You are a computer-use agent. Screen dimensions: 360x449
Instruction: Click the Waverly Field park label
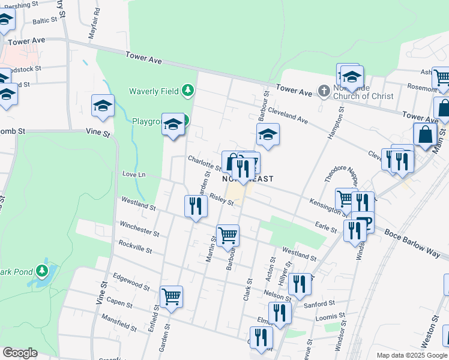[x=154, y=91]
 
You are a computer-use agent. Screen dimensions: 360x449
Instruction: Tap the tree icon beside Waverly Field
[x=188, y=91]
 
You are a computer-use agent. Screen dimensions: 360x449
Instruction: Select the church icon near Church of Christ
[x=324, y=91]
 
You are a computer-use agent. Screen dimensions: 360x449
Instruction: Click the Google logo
[x=20, y=353]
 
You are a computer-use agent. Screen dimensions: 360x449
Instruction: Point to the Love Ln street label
[x=134, y=175]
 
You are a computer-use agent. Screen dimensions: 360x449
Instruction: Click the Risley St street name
[x=221, y=199]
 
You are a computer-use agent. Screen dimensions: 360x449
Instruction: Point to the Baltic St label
[x=45, y=20]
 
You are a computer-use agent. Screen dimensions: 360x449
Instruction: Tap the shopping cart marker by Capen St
[x=172, y=296]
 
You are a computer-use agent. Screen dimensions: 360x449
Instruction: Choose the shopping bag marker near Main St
[x=425, y=135]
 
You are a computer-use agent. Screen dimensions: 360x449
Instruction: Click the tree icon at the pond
[x=42, y=271]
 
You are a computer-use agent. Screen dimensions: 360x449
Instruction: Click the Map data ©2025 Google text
[x=411, y=355]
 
